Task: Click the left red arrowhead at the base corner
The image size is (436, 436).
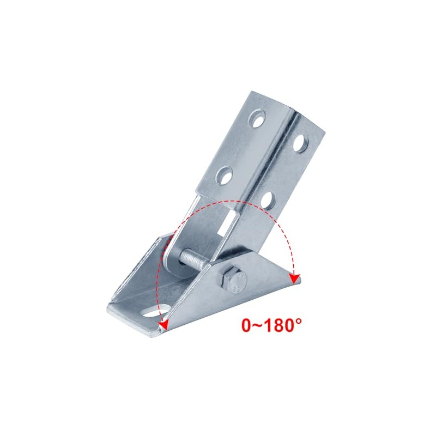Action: [162, 326]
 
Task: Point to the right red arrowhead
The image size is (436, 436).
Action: [294, 278]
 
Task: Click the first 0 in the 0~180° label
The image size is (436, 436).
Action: [247, 325]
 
